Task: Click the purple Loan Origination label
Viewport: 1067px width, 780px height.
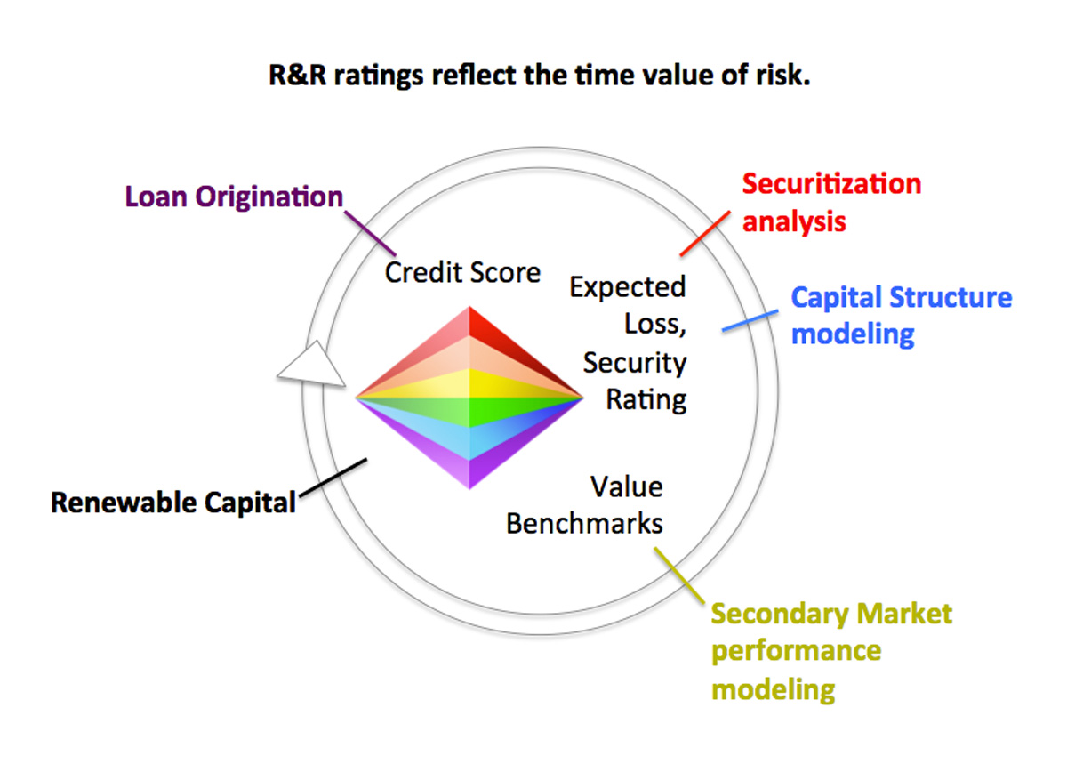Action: pyautogui.click(x=233, y=196)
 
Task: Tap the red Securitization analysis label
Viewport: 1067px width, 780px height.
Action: pyautogui.click(x=831, y=202)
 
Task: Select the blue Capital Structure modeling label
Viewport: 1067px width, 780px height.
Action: pyautogui.click(x=901, y=315)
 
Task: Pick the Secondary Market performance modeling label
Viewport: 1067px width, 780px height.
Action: pyautogui.click(x=831, y=651)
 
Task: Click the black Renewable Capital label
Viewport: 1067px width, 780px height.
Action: pyautogui.click(x=172, y=503)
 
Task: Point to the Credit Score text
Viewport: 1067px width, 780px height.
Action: pyautogui.click(x=462, y=271)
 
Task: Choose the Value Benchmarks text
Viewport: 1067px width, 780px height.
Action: pyautogui.click(x=584, y=505)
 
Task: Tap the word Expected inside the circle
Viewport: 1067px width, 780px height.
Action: pyautogui.click(x=628, y=287)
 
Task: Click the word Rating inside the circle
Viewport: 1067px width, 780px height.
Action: pyautogui.click(x=646, y=399)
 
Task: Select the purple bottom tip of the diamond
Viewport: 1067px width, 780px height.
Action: pyautogui.click(x=469, y=471)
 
